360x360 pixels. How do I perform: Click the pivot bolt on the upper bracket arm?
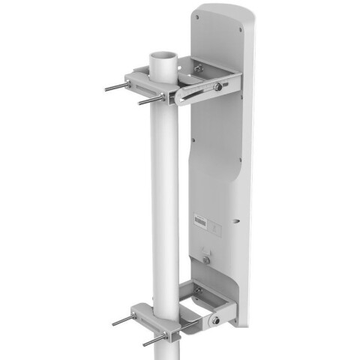[x=218, y=88]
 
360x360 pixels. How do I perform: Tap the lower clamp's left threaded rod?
[x=124, y=321]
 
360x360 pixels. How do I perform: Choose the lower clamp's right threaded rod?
[x=156, y=337]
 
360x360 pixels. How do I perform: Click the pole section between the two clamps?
[x=165, y=202]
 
